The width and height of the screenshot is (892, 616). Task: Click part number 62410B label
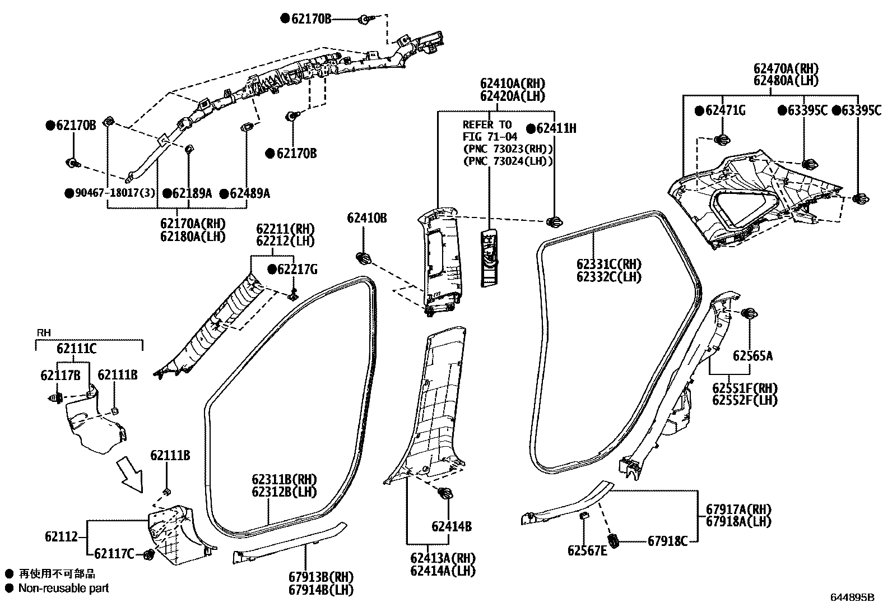tap(366, 218)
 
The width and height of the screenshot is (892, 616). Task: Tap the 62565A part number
tap(752, 356)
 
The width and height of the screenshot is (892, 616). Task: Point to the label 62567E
tap(587, 550)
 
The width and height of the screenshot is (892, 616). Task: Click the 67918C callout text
tap(667, 541)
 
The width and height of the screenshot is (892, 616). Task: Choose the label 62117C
tap(114, 554)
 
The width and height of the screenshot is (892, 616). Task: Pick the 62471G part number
tap(725, 111)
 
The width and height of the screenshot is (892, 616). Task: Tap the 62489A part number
tap(249, 193)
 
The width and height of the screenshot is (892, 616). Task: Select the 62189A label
tap(192, 193)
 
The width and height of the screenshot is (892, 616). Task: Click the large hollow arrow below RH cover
tap(130, 470)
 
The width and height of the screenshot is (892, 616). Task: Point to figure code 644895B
tap(852, 598)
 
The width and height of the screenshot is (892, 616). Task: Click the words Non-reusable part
tap(63, 588)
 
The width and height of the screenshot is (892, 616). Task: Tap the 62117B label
tap(60, 374)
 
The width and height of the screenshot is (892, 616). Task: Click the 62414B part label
tap(451, 526)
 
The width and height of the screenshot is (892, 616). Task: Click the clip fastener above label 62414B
tap(447, 493)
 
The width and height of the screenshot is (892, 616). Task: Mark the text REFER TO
tap(487, 124)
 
